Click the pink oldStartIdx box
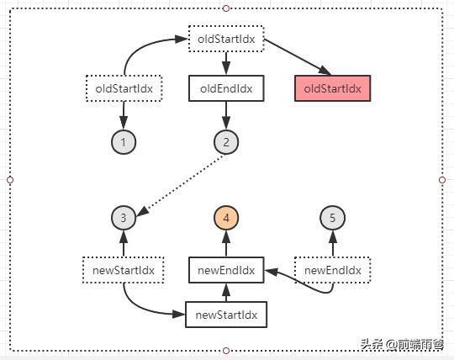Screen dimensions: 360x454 pos(332,87)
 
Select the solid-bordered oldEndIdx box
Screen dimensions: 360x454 pos(226,87)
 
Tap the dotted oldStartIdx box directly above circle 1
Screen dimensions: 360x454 pos(124,87)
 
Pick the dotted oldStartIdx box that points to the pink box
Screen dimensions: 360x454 pos(226,40)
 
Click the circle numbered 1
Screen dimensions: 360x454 pos(124,142)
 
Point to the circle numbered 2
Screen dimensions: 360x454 pos(226,142)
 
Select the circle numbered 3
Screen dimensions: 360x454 pos(124,219)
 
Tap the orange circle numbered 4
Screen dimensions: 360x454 pos(226,219)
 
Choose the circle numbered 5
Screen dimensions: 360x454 pos(332,219)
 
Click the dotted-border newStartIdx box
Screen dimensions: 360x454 pos(124,270)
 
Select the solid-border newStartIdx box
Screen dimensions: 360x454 pos(226,315)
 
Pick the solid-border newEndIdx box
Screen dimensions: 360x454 pos(226,270)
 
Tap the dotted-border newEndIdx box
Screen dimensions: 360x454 pos(332,270)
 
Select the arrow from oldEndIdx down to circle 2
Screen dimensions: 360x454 pos(226,115)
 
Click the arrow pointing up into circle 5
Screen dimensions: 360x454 pos(332,245)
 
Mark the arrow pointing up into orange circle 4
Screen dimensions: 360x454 pos(226,245)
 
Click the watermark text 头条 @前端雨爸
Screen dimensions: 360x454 pos(403,345)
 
